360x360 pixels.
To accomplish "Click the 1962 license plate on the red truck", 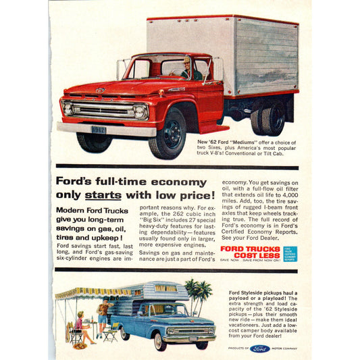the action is pos(99,128).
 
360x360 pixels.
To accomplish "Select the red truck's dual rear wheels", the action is pos(268,120).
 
